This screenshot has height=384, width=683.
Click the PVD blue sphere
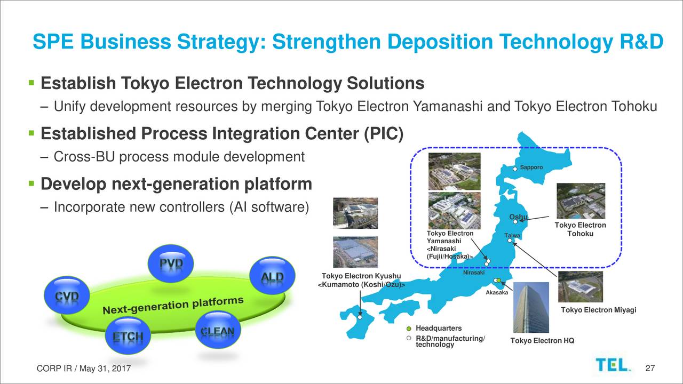pos(171,263)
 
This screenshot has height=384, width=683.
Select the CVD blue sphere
pos(67,295)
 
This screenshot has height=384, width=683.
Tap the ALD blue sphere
pos(272,276)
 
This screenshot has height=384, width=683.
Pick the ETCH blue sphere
pos(128,335)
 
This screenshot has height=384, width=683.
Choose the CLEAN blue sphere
pos(218,330)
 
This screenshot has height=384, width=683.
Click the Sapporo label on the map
pos(531,167)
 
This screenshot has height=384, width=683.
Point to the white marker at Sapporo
pos(515,169)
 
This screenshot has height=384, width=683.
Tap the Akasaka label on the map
pos(497,293)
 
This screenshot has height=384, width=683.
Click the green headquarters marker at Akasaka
pos(499,281)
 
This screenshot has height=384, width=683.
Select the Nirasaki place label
pos(474,273)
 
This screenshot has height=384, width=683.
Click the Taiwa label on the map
pos(512,235)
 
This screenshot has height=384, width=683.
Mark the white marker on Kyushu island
pos(360,317)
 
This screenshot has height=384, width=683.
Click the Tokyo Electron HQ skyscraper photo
pos(531,307)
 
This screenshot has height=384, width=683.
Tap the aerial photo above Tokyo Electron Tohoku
pos(581,201)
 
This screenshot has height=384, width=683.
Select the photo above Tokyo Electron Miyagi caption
pos(581,287)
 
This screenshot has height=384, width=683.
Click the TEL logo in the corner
pos(613,365)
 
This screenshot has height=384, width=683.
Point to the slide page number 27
pos(650,368)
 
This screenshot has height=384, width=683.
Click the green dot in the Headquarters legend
pos(409,329)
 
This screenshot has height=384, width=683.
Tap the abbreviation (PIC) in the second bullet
pos(384,134)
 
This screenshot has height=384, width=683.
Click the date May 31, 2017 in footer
pos(105,369)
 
